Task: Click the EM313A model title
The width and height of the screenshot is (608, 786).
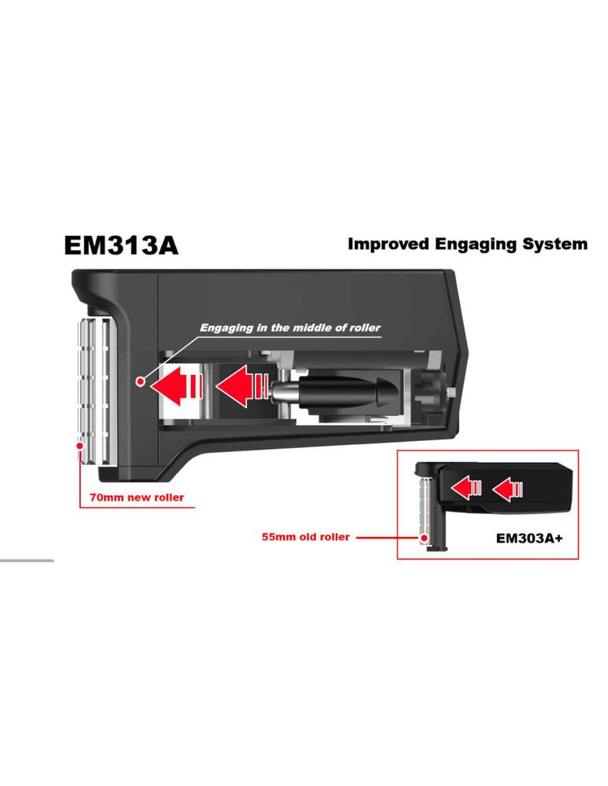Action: click(x=121, y=245)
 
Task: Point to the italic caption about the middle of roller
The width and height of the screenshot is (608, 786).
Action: click(x=290, y=328)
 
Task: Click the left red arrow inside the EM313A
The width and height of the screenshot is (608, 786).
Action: click(x=177, y=385)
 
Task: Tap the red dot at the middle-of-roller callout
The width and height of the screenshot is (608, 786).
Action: click(x=141, y=381)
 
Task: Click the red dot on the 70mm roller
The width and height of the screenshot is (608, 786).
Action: click(x=79, y=446)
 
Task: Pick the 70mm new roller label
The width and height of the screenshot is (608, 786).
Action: click(x=136, y=498)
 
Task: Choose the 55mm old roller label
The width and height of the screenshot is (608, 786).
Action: click(x=305, y=537)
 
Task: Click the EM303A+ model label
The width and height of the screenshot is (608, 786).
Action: click(x=529, y=538)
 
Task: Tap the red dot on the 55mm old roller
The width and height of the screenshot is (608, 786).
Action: click(x=425, y=538)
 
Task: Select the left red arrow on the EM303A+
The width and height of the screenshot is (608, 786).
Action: click(x=466, y=488)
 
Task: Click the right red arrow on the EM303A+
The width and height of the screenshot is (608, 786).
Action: click(x=507, y=488)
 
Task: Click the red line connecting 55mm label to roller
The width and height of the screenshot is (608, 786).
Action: click(x=389, y=538)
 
